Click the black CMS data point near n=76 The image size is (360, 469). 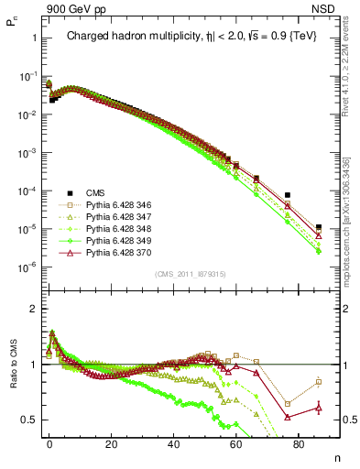[288, 195]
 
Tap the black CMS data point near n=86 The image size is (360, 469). [319, 227]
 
